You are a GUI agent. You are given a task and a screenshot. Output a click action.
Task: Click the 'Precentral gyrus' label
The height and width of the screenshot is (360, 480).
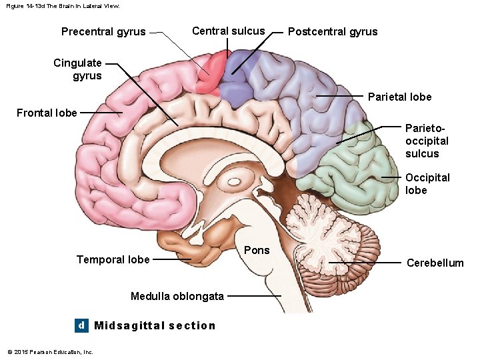103,31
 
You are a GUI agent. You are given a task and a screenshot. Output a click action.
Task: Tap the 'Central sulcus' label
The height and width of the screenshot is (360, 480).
228,31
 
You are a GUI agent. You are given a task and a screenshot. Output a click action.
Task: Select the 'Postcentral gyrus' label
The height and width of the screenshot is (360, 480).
332,31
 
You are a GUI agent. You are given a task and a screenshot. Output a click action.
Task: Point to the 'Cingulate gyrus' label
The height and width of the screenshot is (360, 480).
78,69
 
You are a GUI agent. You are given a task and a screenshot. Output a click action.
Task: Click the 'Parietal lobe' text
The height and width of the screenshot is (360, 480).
399,97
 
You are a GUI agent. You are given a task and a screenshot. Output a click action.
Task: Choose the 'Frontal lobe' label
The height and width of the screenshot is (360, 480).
47,113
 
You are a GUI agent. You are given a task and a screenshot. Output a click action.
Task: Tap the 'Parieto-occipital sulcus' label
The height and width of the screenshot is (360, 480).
427,141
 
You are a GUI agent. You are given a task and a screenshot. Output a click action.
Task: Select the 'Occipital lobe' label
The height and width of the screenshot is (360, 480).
427,184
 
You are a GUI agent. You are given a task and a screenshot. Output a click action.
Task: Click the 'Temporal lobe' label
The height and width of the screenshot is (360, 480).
113,259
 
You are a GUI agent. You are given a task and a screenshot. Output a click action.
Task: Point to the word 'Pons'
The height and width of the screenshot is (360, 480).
257,250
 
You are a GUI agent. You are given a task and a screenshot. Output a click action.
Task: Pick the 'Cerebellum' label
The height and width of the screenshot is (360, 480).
435,263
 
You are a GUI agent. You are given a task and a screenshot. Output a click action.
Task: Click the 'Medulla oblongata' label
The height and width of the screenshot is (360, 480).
177,296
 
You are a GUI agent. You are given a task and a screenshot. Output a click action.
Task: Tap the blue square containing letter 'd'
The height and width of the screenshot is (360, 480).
81,325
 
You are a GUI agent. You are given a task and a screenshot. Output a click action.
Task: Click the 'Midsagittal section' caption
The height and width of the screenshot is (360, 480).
155,325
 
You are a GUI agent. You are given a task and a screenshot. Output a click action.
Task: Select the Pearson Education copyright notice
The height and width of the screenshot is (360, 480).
50,352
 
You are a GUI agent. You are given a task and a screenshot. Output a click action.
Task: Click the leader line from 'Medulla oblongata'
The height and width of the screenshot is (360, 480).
253,296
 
